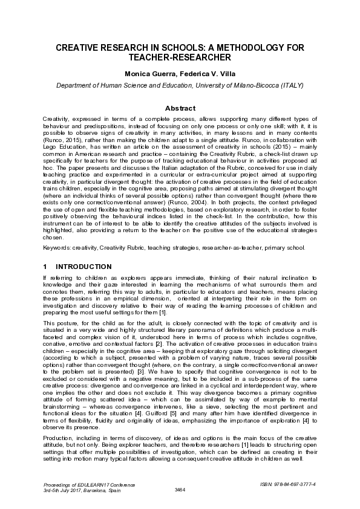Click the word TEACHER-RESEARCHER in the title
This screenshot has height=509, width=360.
pos(180,57)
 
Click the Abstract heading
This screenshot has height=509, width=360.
pos(180,108)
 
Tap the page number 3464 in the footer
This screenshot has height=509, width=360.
pos(180,489)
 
